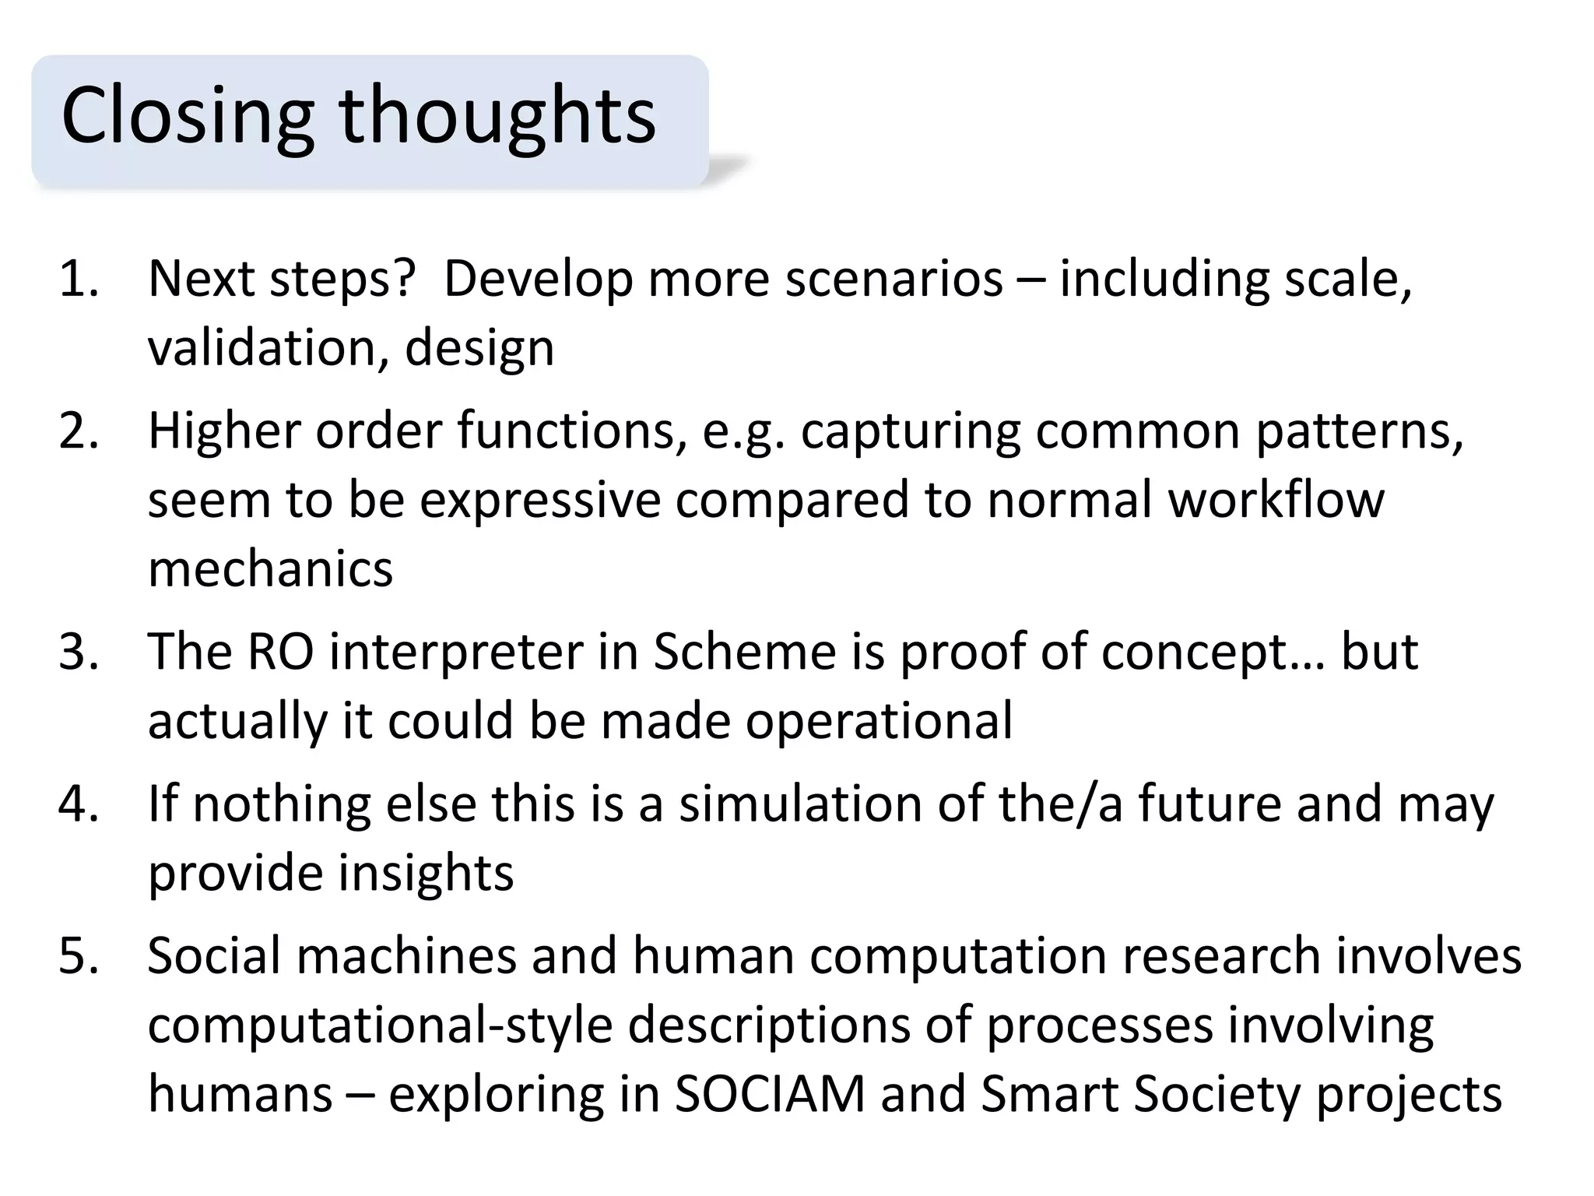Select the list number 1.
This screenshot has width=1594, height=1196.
click(x=78, y=279)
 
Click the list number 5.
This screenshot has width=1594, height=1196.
click(x=78, y=955)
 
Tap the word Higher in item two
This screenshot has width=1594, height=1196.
click(x=223, y=431)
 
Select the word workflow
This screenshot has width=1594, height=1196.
click(x=1276, y=499)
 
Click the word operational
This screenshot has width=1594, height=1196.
click(x=879, y=720)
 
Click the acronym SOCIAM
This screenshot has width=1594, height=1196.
click(x=770, y=1094)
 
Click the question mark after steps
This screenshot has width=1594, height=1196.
click(x=402, y=279)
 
